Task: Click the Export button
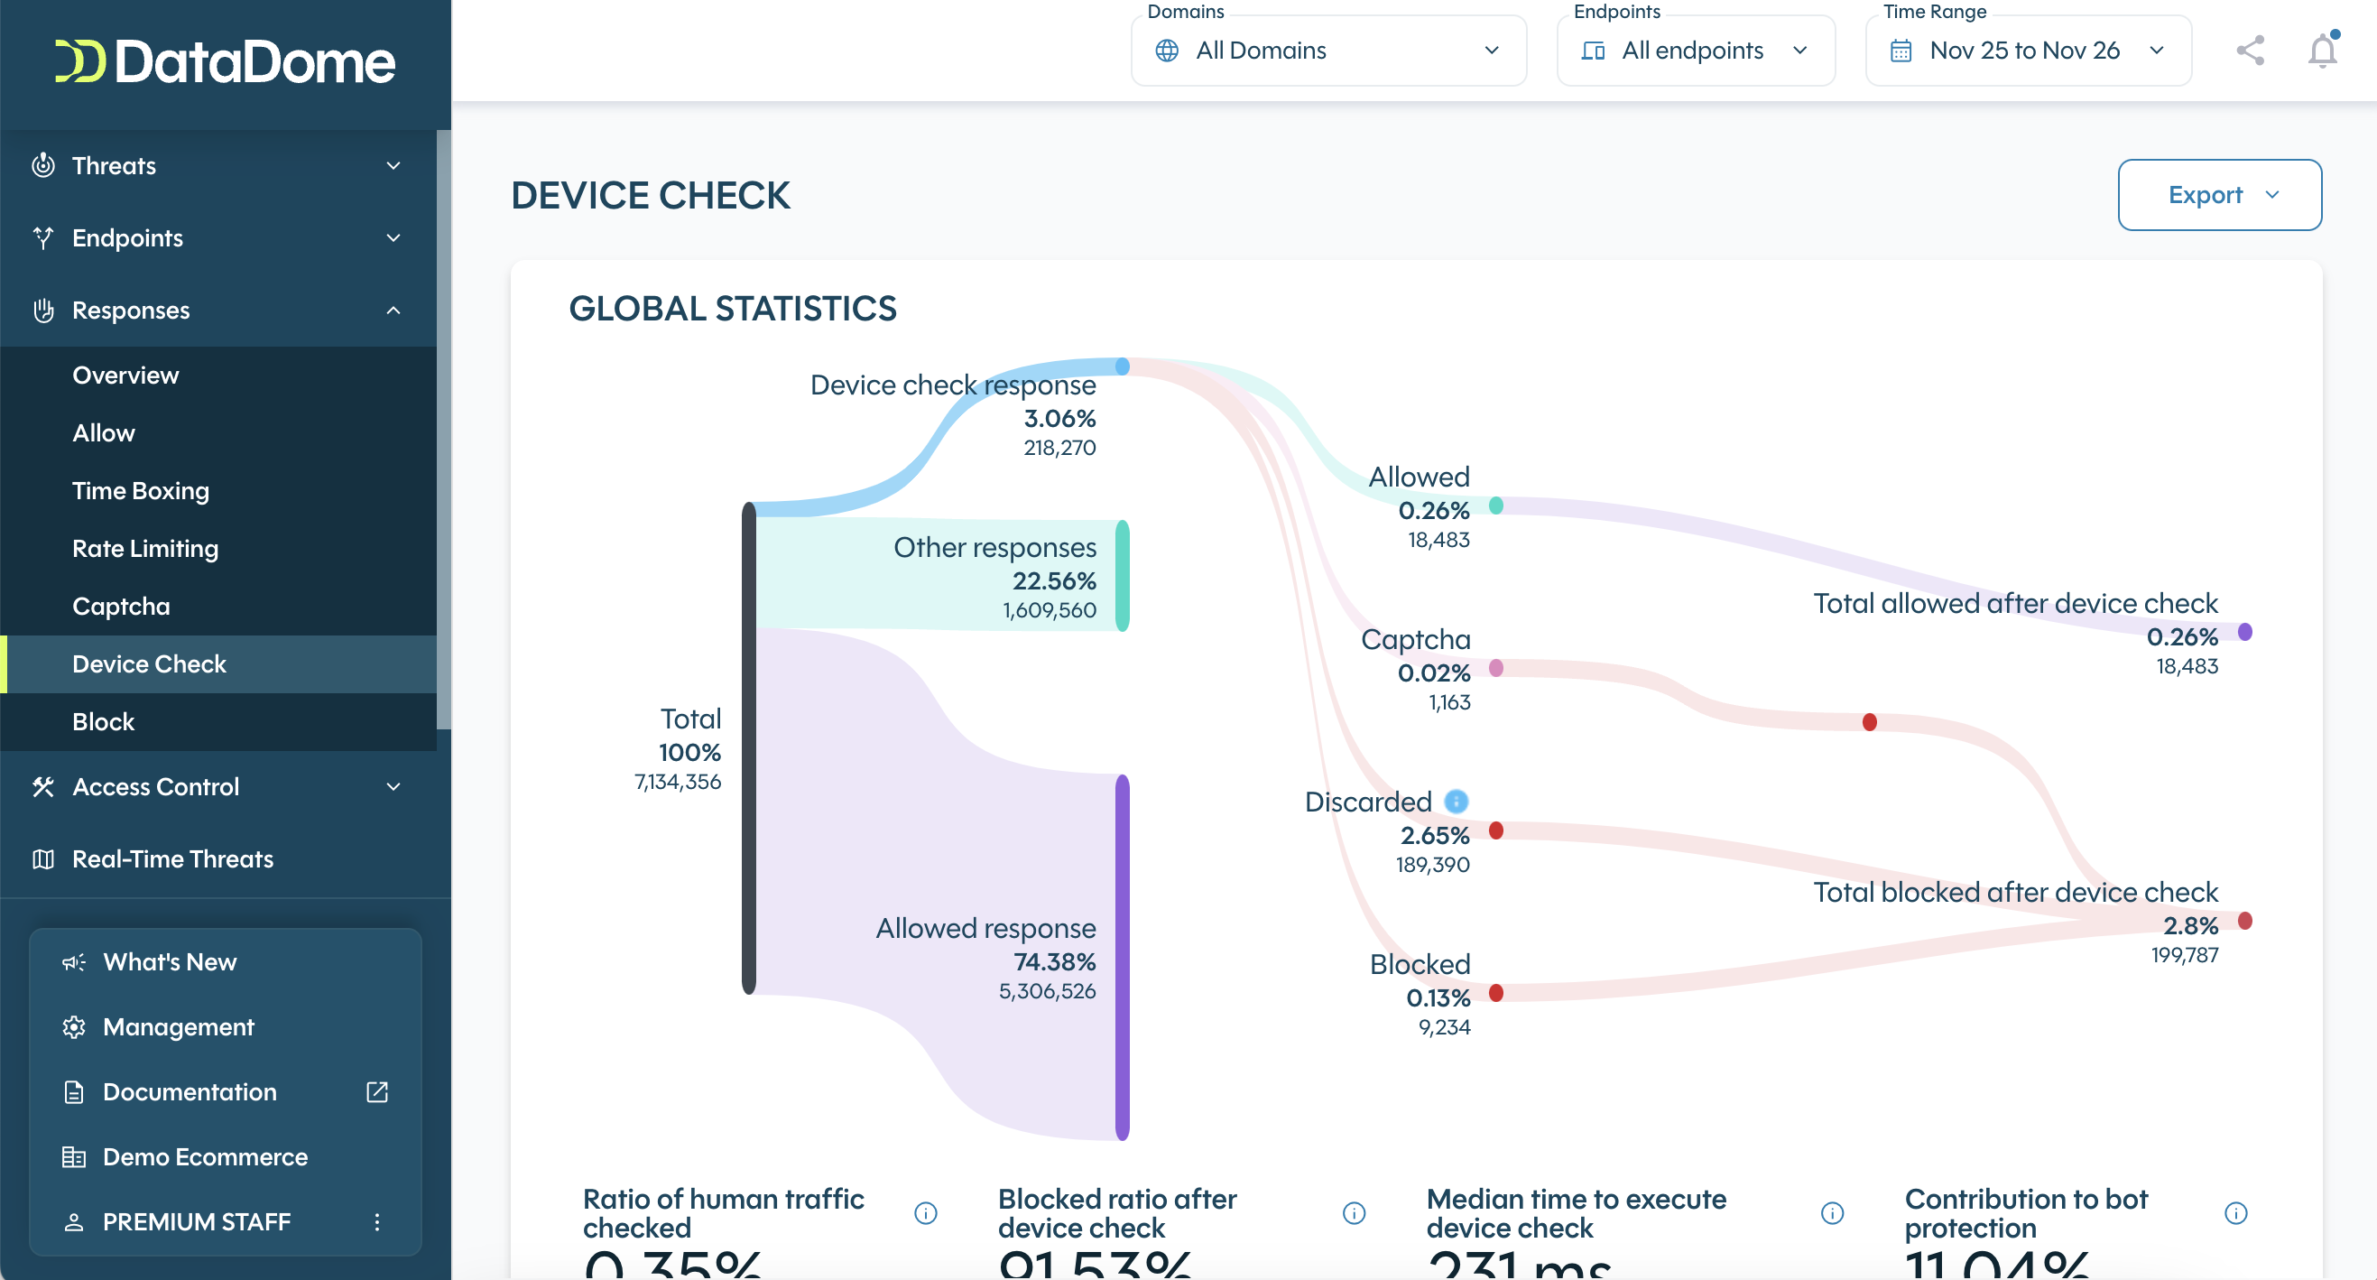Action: (2218, 195)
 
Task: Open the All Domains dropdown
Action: (1327, 51)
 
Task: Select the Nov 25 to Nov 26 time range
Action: (2027, 51)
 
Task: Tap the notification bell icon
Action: (2322, 51)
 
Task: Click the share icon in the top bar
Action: (2250, 51)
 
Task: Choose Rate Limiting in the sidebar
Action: (145, 548)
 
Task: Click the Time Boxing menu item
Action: (140, 491)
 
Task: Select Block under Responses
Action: (104, 721)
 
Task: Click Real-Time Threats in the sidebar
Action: (172, 859)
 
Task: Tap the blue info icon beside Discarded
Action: (1456, 801)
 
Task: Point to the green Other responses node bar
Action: (1122, 576)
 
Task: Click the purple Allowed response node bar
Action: (1122, 957)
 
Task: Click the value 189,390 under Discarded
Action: (1432, 865)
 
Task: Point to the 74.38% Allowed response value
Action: (1055, 961)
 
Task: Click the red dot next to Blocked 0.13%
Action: (1495, 993)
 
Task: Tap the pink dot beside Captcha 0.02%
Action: (1495, 668)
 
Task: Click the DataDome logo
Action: (224, 61)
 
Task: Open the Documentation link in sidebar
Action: (190, 1091)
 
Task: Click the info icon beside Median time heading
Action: (1832, 1212)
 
